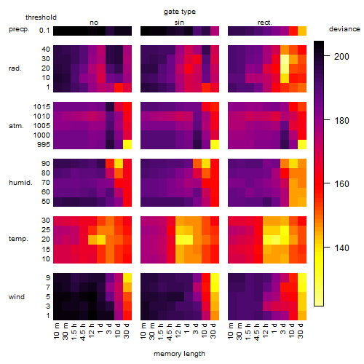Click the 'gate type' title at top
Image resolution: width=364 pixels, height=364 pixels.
(180, 12)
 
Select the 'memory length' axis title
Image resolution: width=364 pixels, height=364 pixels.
(179, 354)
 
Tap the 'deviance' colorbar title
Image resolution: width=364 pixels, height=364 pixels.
(344, 29)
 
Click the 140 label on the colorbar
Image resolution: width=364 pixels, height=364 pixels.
(341, 248)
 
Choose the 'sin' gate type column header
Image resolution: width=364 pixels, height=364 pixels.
(179, 23)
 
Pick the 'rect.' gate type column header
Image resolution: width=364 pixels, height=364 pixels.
(264, 23)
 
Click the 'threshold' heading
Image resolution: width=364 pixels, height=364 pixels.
(41, 17)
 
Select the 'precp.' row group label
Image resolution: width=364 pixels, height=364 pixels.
(19, 29)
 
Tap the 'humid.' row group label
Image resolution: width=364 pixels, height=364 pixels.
(20, 183)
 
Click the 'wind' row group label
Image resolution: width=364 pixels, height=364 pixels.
(17, 297)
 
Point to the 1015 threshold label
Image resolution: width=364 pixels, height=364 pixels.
(41, 107)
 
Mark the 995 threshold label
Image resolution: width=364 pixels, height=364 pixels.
(44, 145)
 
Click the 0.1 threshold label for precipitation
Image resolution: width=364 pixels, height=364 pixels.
(44, 31)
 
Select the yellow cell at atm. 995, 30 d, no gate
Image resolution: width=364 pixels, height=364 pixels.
(127, 145)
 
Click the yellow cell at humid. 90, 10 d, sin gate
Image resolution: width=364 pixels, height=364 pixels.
(206, 164)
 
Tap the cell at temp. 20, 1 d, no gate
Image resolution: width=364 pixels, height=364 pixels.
(101, 240)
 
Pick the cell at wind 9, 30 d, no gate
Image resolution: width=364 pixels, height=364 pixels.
(127, 278)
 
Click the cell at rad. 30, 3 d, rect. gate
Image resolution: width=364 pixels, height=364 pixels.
(285, 59)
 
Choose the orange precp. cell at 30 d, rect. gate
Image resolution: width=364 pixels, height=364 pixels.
(302, 31)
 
